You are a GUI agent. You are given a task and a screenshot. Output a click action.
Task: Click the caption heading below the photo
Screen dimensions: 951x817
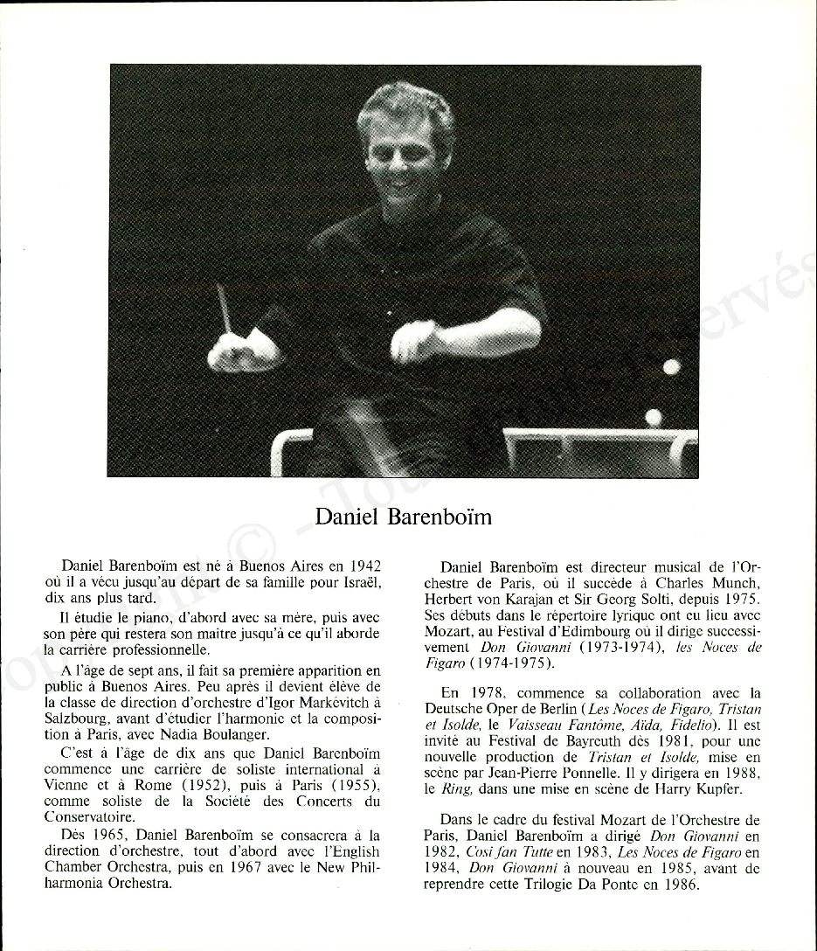click(x=403, y=517)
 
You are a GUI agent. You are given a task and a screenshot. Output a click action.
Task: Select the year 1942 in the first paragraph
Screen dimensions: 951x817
click(x=364, y=567)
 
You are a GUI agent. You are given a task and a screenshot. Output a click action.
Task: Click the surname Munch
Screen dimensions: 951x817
click(x=733, y=584)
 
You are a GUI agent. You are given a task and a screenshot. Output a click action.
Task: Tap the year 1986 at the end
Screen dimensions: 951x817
click(x=682, y=885)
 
